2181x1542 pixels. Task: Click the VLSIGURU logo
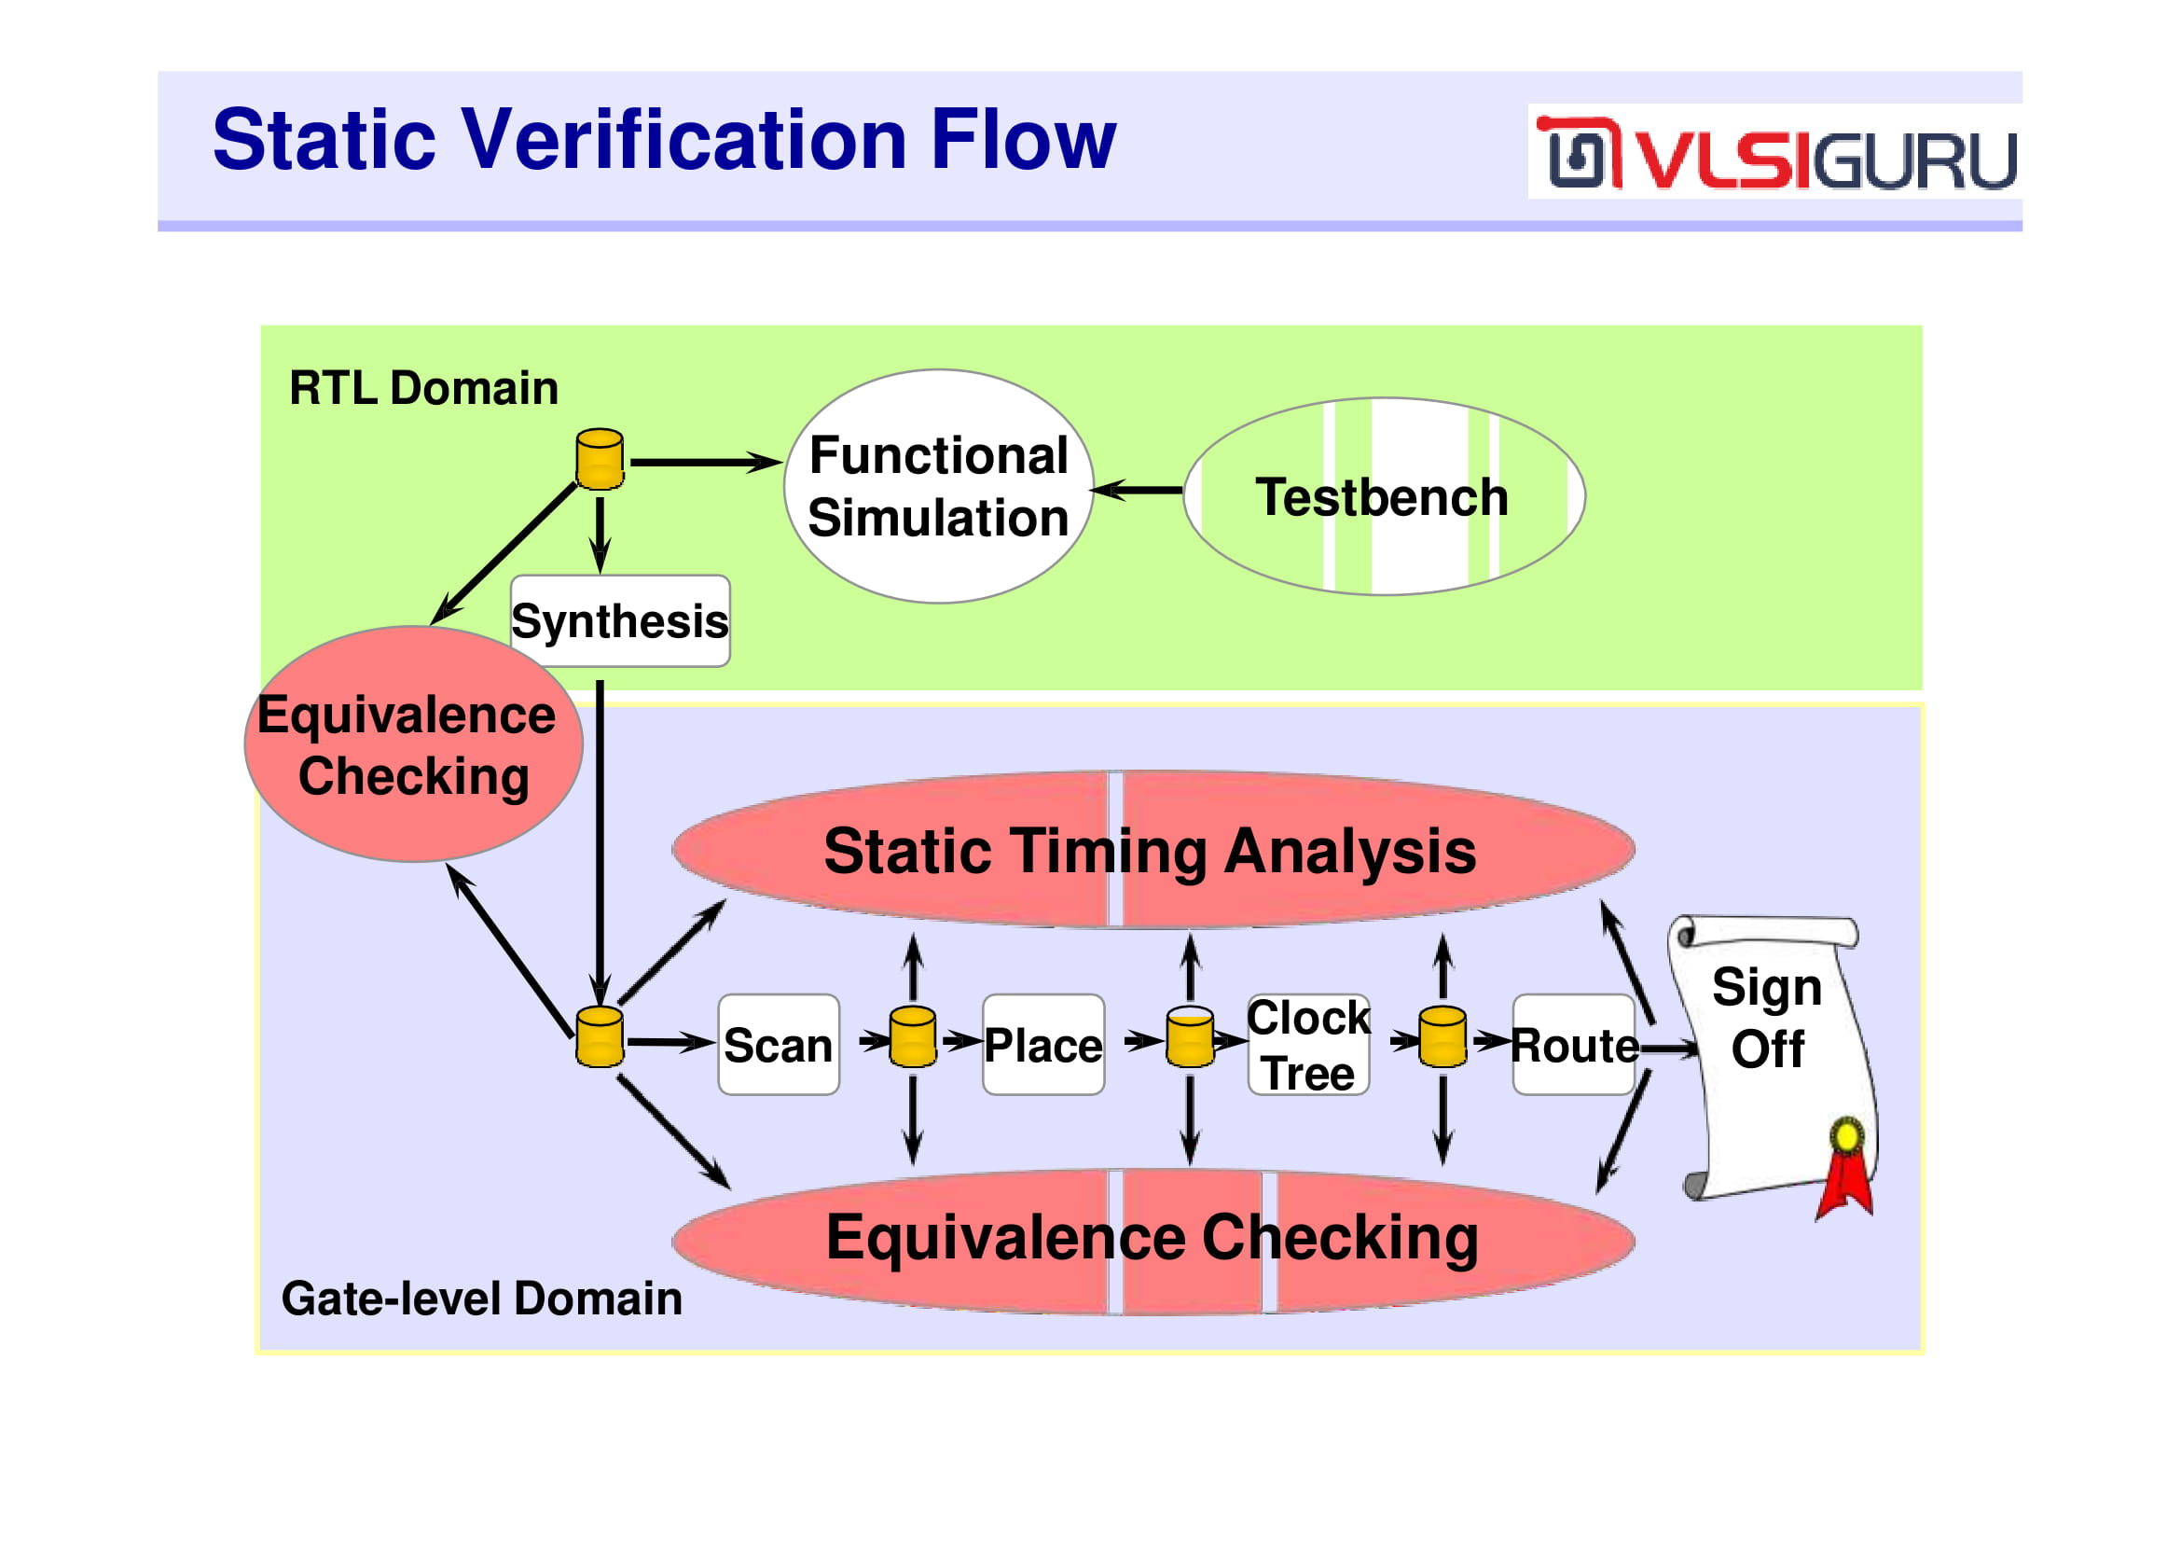click(1774, 152)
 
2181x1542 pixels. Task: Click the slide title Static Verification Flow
click(664, 140)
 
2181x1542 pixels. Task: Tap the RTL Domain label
click(423, 388)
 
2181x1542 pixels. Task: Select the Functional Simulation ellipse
click(939, 486)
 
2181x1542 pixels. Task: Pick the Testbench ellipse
click(1384, 497)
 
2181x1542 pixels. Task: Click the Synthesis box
click(620, 621)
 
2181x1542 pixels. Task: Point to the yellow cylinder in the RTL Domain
click(600, 460)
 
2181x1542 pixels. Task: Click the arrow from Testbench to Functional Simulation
click(1138, 491)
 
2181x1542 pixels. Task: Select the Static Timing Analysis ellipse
click(1153, 850)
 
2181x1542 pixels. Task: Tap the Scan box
click(779, 1045)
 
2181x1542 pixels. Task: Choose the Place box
click(1043, 1045)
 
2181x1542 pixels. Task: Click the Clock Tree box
click(1308, 1045)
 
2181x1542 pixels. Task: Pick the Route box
click(1574, 1045)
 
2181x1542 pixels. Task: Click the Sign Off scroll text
click(1768, 1019)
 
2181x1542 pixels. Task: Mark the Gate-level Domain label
click(481, 1299)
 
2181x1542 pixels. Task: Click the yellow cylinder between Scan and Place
click(913, 1037)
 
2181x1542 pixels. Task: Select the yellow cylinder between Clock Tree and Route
click(1442, 1037)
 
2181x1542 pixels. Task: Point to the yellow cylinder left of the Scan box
click(600, 1037)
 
